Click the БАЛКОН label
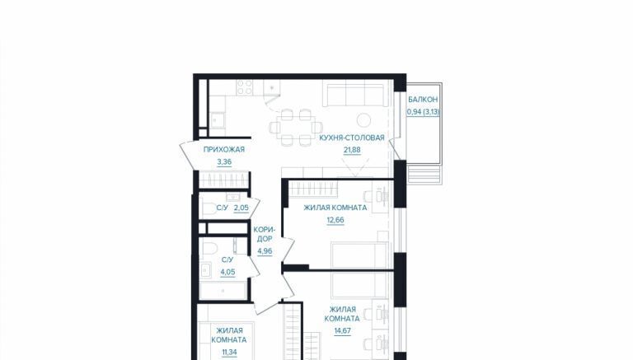click(x=423, y=100)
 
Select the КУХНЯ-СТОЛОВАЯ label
click(x=352, y=138)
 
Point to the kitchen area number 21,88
click(x=352, y=150)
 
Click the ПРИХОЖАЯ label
click(x=224, y=149)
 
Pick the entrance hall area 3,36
click(x=224, y=162)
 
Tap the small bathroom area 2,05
click(x=241, y=208)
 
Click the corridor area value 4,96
click(x=265, y=251)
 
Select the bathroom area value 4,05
click(x=227, y=272)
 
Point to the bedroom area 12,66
click(x=335, y=220)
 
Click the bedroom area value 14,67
click(x=342, y=331)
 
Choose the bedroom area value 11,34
click(x=229, y=352)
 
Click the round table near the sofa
click(x=364, y=120)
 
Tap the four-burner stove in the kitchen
click(x=245, y=87)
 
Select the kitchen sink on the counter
click(x=218, y=120)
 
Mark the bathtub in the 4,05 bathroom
click(x=223, y=291)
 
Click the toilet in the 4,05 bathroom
click(x=209, y=247)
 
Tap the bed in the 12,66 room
click(x=359, y=255)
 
